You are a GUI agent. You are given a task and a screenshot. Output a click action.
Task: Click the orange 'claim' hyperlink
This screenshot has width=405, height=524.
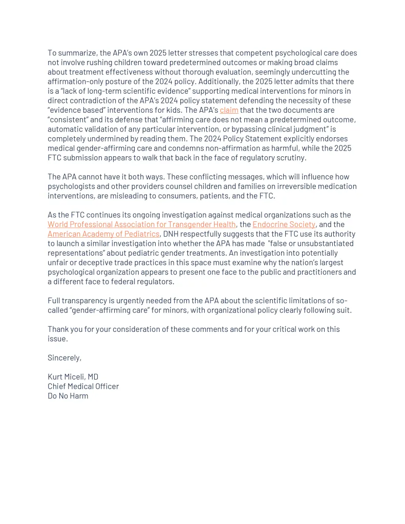[x=229, y=110]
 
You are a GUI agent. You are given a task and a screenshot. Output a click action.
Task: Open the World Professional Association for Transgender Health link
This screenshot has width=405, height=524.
[x=142, y=224]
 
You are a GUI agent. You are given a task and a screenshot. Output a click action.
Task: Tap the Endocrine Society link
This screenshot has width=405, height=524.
[x=284, y=224]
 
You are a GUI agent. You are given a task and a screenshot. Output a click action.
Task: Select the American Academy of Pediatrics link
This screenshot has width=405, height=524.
[x=103, y=234]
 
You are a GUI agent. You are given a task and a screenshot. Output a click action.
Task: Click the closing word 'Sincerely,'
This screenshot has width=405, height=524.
[x=65, y=358]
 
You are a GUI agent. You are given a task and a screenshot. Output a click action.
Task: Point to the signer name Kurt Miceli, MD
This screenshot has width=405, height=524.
[x=73, y=377]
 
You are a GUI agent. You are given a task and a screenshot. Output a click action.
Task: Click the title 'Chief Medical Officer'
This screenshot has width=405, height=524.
[x=83, y=386]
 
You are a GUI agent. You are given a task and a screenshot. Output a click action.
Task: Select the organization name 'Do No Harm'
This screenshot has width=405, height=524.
[x=68, y=396]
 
